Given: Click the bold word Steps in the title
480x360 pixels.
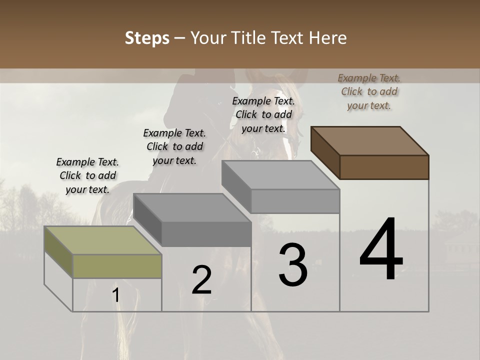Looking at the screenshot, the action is [x=147, y=38].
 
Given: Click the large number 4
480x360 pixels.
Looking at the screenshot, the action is [x=381, y=249].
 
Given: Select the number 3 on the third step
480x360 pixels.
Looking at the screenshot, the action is [x=292, y=265].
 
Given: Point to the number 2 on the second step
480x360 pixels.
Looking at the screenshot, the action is [x=201, y=279].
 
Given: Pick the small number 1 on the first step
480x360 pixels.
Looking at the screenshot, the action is [x=116, y=295].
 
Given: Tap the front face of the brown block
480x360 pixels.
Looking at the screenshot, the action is [x=384, y=167].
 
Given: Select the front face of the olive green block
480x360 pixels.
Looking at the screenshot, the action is [x=117, y=266].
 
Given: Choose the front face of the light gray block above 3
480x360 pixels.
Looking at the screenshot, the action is [x=295, y=201].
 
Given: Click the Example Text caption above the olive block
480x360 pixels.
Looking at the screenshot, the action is [x=87, y=175].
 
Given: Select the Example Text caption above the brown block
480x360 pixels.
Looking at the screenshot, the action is [x=369, y=91].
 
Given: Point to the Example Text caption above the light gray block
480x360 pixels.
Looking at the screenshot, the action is [x=263, y=114].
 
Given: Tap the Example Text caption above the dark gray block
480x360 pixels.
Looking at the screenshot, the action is [x=174, y=146].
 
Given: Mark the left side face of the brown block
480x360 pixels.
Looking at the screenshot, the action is [x=325, y=152].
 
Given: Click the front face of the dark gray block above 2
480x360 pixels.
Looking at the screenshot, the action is [x=206, y=234].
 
